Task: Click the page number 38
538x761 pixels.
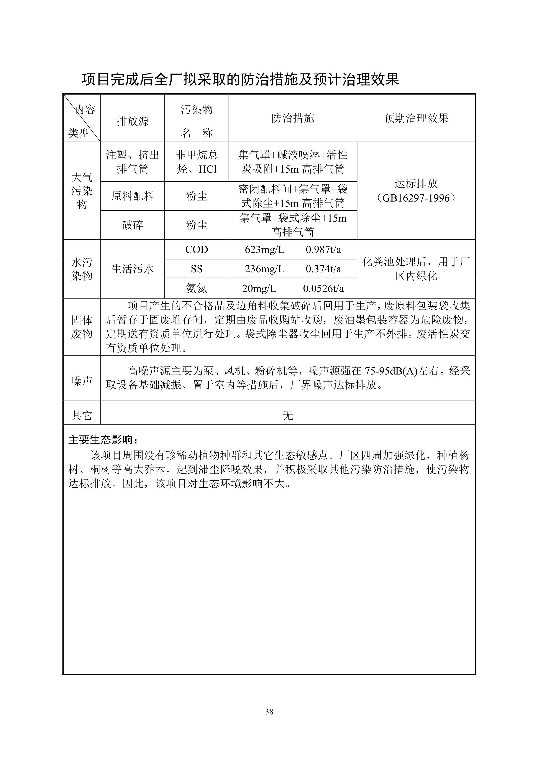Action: [269, 711]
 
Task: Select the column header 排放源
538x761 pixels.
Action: [133, 121]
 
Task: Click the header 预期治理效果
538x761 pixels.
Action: [416, 118]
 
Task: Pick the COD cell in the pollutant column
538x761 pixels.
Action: [197, 250]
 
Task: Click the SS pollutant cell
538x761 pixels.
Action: [197, 269]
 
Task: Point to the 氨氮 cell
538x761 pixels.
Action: [197, 288]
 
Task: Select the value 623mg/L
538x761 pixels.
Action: [264, 250]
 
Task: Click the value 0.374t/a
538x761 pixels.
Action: [323, 269]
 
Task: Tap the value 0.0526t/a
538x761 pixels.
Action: [323, 288]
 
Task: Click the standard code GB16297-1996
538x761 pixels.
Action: [416, 198]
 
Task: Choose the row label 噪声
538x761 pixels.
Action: [82, 381]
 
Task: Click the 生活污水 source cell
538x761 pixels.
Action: [133, 269]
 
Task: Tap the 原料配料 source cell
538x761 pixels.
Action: [133, 196]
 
